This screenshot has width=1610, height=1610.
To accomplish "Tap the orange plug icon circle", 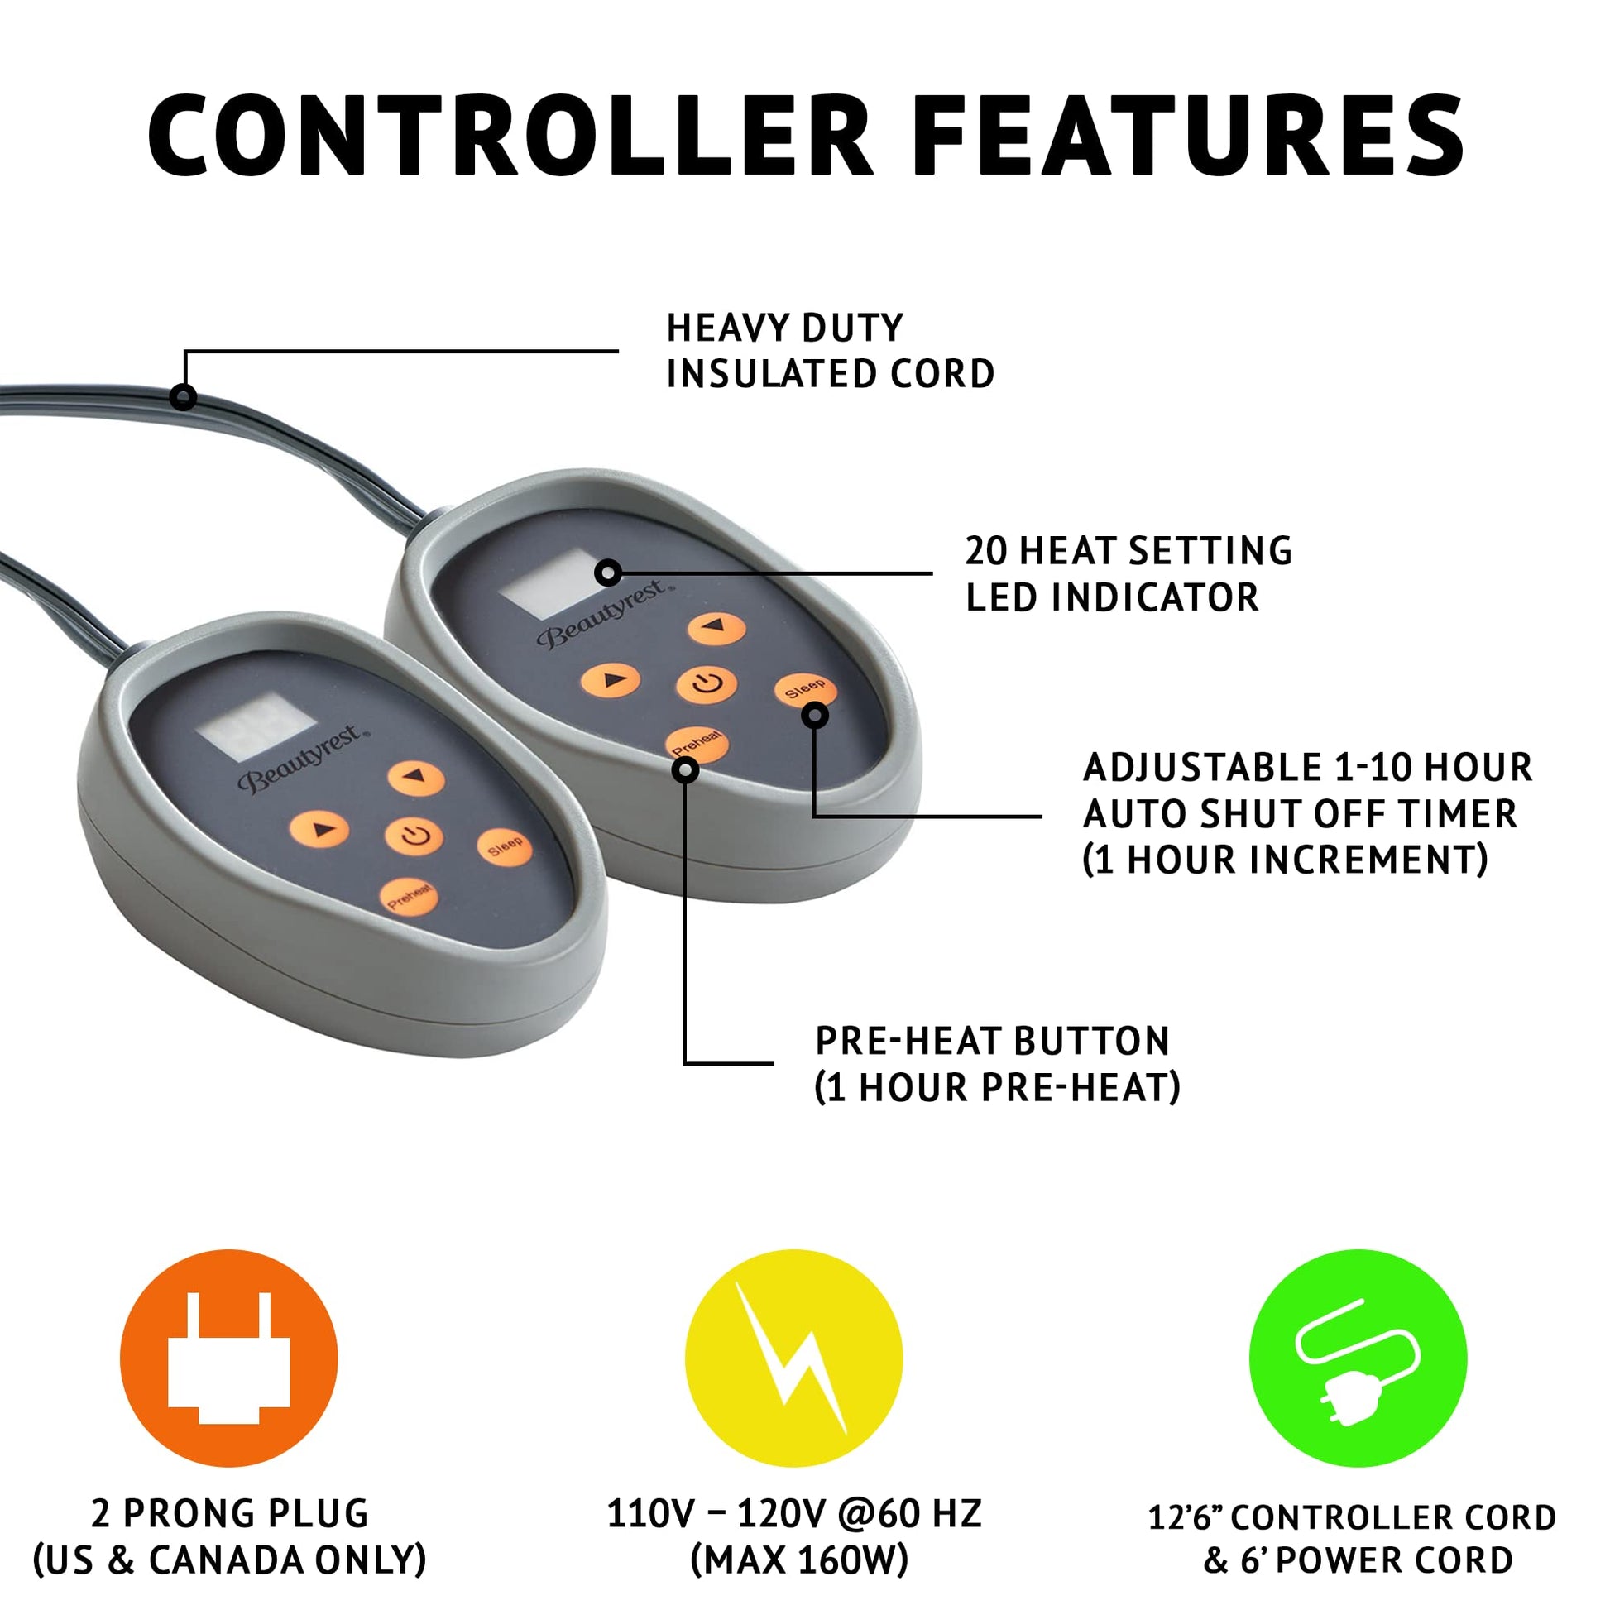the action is click(x=228, y=1358).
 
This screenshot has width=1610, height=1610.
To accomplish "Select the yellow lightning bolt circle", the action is click(x=793, y=1358).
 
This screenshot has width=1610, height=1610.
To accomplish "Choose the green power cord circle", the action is click(x=1358, y=1358).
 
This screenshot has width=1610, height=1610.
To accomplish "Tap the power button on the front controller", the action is click(x=414, y=835).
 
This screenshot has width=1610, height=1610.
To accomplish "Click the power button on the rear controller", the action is click(x=706, y=685).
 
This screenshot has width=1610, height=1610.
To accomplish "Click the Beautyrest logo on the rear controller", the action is click(x=605, y=615).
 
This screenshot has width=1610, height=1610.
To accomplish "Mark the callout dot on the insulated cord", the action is click(x=183, y=395).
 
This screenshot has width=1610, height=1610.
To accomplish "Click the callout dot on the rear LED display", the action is click(x=608, y=573).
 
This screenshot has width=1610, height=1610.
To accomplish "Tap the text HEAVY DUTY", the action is click(x=785, y=328).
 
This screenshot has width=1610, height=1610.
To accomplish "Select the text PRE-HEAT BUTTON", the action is click(x=993, y=1041).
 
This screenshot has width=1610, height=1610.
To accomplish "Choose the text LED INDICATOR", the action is click(x=1112, y=597).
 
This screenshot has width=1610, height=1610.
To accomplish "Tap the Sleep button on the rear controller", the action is click(x=805, y=690).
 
